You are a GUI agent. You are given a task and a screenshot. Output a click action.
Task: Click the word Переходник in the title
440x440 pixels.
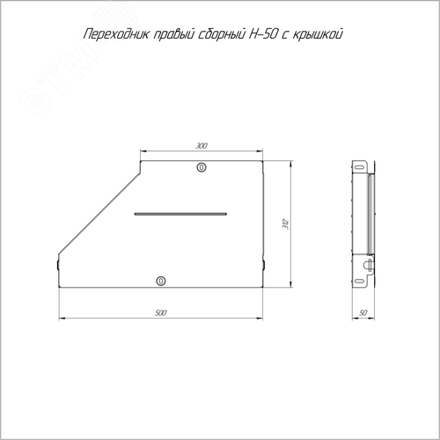[x=116, y=34]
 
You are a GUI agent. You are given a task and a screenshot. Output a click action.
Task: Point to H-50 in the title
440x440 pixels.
[x=262, y=34]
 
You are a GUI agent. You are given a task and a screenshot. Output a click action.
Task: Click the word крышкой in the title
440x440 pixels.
[x=318, y=34]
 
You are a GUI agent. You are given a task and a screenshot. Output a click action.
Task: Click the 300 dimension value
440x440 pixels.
[x=202, y=146]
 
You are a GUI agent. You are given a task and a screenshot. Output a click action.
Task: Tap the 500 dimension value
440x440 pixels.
[x=161, y=313]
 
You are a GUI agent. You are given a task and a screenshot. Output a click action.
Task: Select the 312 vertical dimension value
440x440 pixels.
[x=286, y=224]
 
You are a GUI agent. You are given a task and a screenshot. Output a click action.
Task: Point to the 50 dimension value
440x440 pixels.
[x=363, y=313]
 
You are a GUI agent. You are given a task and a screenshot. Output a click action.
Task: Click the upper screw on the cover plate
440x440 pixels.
[x=202, y=167]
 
